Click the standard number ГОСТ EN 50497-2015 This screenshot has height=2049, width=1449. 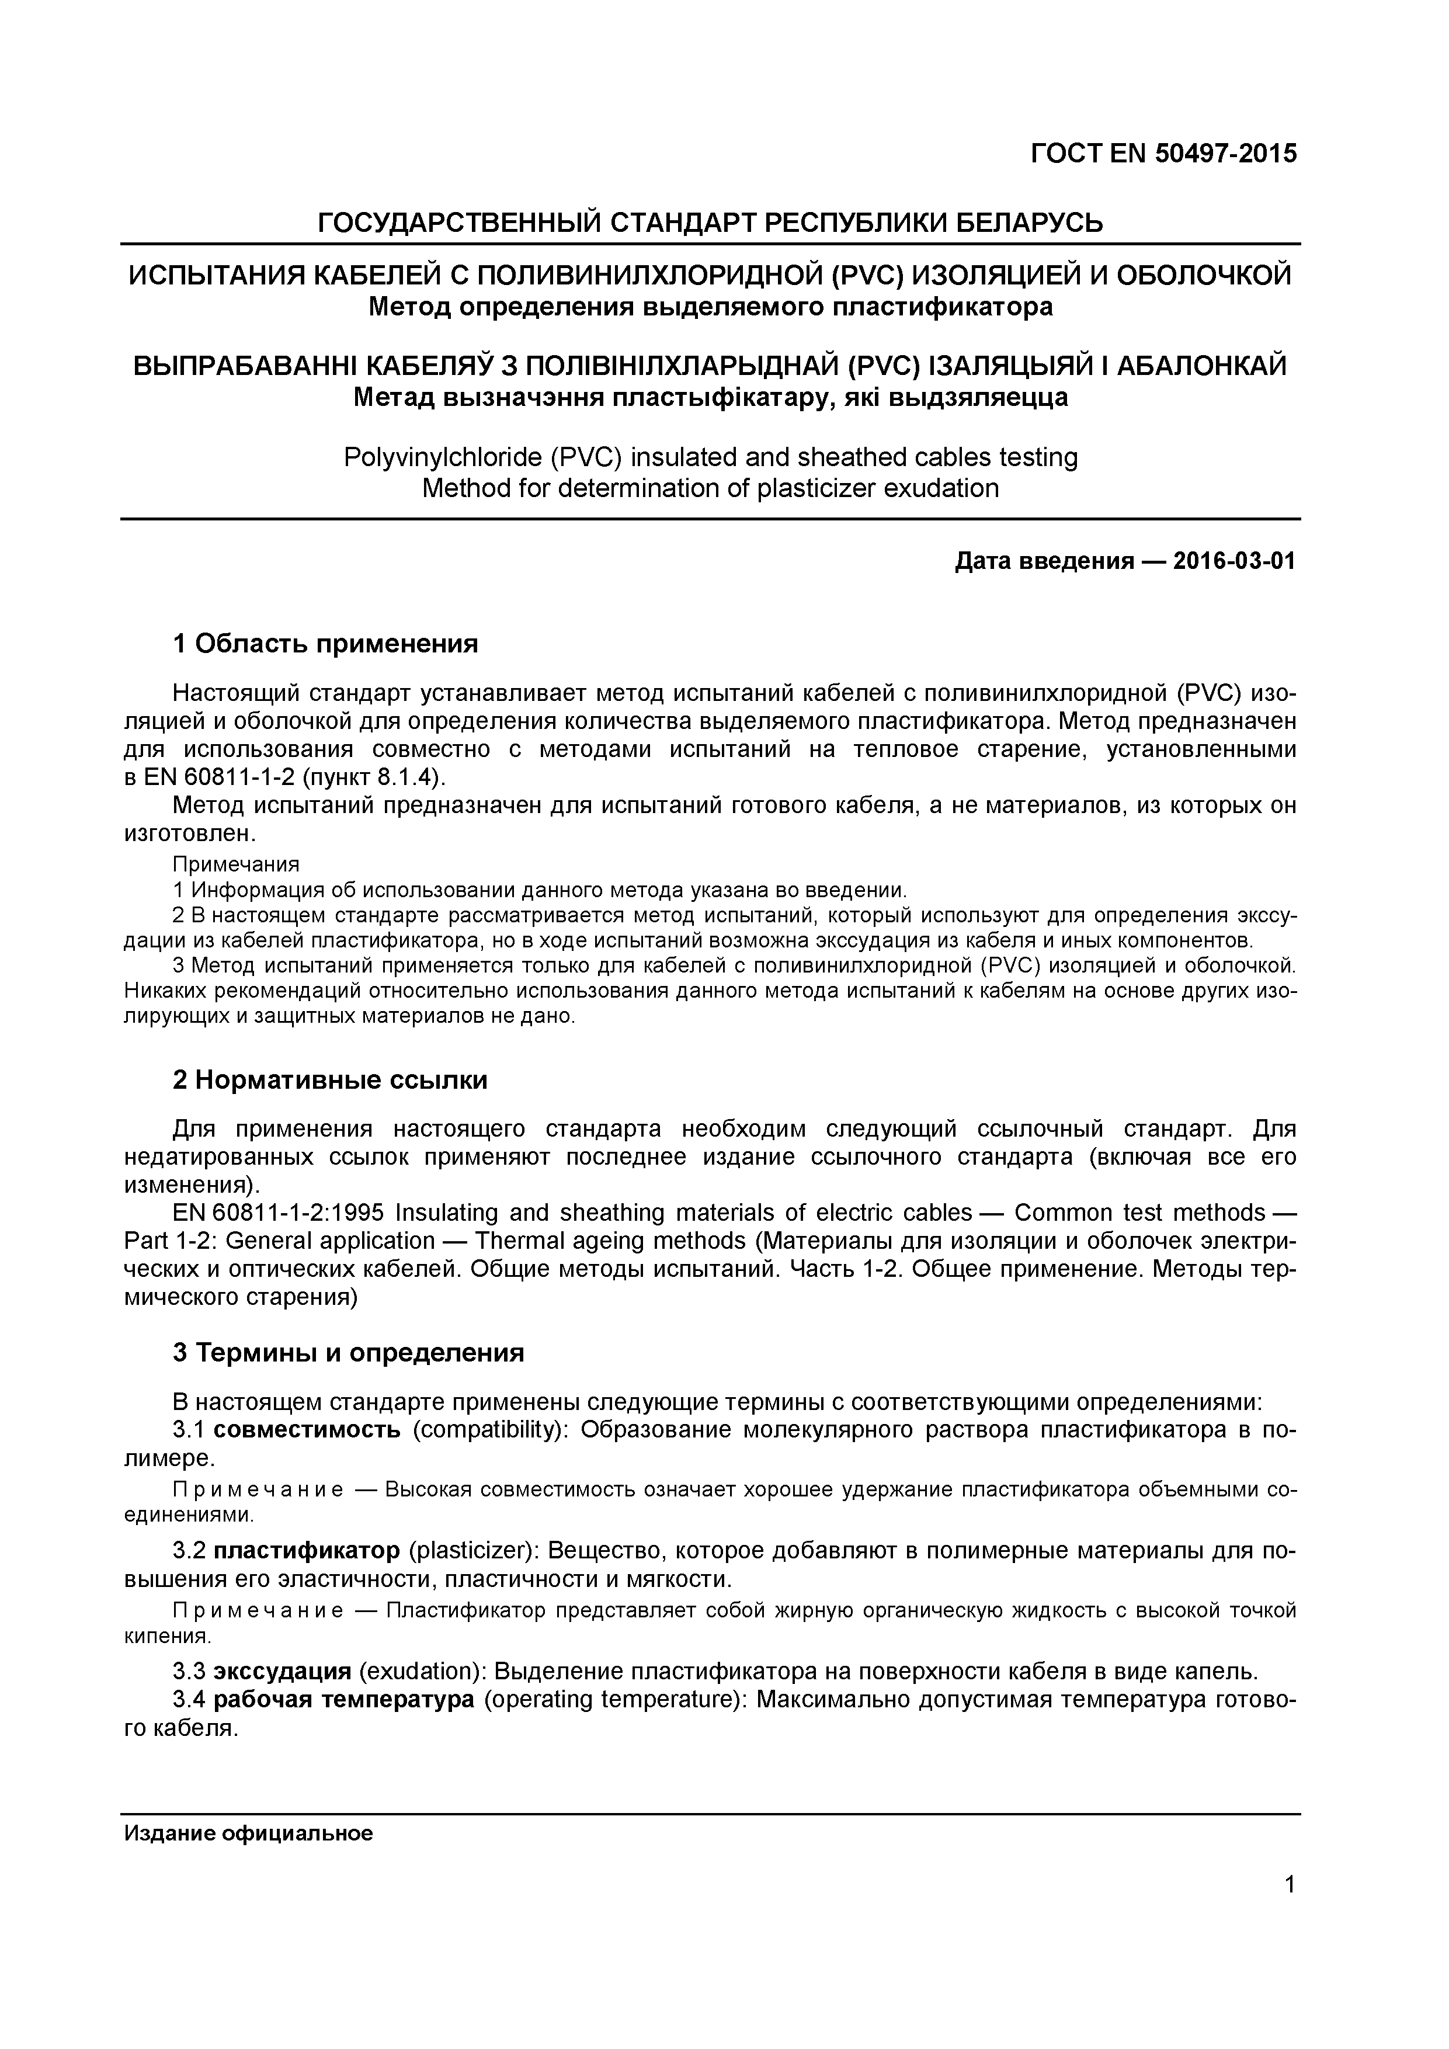tap(1163, 154)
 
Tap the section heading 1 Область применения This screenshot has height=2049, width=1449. tap(326, 644)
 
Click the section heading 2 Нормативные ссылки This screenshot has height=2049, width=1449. tap(330, 1080)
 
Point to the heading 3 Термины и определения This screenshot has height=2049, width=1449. tap(348, 1353)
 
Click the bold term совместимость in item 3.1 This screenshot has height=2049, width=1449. tap(307, 1430)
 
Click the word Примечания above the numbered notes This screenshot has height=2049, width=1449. tap(235, 864)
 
